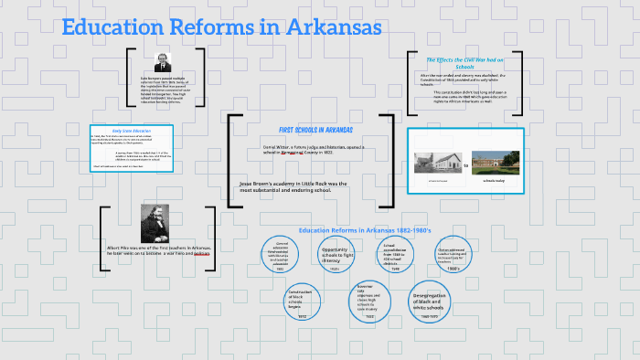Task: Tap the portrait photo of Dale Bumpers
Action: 163,62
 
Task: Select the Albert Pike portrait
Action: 152,224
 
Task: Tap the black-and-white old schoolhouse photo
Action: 437,163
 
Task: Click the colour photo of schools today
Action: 495,163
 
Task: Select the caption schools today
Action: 495,181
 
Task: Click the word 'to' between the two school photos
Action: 465,166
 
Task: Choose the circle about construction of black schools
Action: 303,301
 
